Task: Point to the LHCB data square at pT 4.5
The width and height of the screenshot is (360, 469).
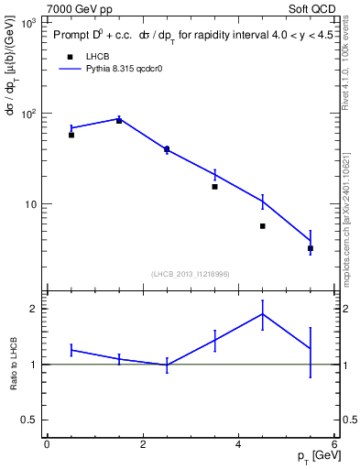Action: tap(262, 226)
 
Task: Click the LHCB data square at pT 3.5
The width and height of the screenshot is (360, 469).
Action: tap(214, 186)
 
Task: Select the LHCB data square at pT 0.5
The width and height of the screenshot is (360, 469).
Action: tap(71, 135)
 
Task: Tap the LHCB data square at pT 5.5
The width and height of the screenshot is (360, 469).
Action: tap(311, 248)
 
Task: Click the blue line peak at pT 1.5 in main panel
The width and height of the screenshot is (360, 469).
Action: tap(119, 118)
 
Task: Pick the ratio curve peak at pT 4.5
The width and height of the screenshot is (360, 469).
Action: tap(263, 314)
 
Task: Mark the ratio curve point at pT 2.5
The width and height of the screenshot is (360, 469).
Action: tap(167, 365)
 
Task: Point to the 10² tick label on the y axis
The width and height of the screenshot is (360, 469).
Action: tap(28, 114)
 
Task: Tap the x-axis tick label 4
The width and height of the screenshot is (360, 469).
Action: tap(239, 443)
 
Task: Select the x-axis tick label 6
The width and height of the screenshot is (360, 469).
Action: tap(334, 443)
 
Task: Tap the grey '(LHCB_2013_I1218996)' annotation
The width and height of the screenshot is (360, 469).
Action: tap(190, 274)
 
